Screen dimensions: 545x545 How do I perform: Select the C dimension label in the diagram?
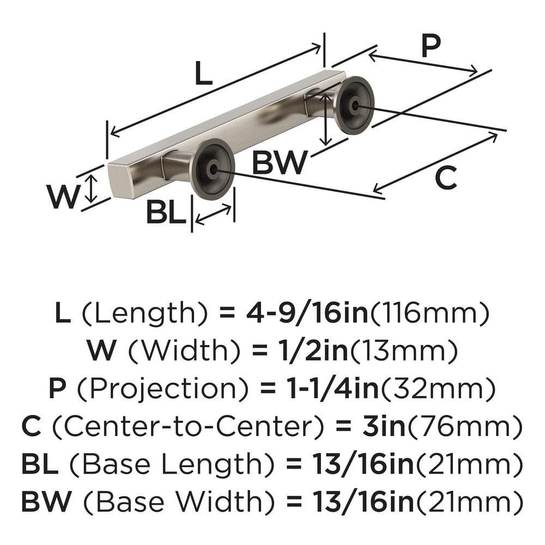(x=446, y=178)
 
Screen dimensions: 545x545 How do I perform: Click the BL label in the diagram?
(x=166, y=213)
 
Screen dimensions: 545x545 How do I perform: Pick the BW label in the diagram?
(x=279, y=162)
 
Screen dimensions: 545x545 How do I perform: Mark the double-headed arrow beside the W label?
(x=92, y=187)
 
